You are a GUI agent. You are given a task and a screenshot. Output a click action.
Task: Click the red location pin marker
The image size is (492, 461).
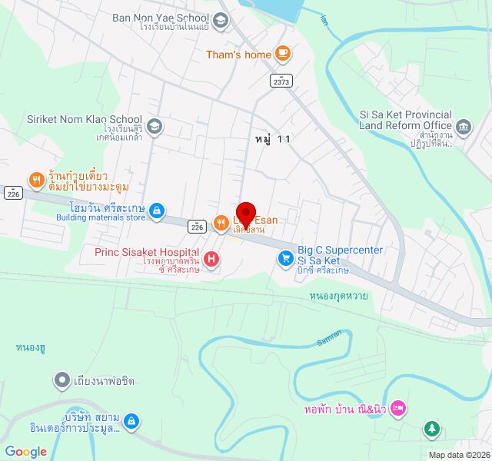click(x=246, y=213)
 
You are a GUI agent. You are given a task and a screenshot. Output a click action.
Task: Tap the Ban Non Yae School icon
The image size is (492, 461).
click(x=221, y=21)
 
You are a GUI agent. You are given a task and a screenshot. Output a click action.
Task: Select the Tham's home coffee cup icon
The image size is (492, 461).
click(x=283, y=53)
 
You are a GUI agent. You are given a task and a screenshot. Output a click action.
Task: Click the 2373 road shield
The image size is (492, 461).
click(x=281, y=79)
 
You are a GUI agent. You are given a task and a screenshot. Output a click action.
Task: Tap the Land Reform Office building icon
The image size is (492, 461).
click(x=464, y=125)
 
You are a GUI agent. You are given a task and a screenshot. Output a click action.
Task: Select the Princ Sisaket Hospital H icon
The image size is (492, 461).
click(x=210, y=261)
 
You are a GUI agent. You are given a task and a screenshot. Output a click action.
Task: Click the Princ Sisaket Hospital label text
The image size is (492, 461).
click(x=147, y=251)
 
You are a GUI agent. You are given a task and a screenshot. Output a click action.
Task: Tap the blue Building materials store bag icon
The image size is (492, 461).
click(x=156, y=210)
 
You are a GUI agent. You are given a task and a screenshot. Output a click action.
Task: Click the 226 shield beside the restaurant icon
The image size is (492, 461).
click(x=197, y=227)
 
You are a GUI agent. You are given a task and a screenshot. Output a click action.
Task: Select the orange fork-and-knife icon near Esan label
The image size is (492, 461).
click(x=221, y=223)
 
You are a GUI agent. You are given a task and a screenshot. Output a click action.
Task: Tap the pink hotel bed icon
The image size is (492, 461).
click(x=397, y=407)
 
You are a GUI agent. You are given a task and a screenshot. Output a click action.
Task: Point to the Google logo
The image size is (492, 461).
click(x=26, y=452)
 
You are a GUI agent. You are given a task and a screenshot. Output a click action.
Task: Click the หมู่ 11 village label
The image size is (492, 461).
click(x=272, y=139)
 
